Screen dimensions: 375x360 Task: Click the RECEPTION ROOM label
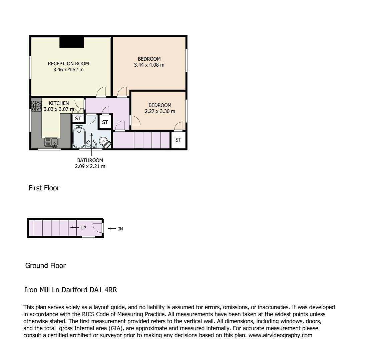point(68,64)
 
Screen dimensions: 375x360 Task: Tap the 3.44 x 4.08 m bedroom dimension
point(149,65)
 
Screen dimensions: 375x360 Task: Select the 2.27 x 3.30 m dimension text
point(160,111)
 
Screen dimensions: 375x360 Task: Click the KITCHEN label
point(59,103)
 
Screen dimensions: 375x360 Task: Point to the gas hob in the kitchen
point(36,106)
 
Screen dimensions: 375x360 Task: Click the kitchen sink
point(51,142)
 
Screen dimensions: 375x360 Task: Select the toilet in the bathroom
point(104,142)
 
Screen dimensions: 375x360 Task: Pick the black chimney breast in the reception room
point(72,42)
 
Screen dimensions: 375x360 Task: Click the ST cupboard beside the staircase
point(178,140)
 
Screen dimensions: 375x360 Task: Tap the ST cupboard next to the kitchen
point(78,118)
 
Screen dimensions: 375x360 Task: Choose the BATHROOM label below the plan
point(90,160)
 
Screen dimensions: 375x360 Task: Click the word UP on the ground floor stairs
point(83,228)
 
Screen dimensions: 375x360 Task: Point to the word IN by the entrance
point(120,229)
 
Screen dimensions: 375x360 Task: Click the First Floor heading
point(44,188)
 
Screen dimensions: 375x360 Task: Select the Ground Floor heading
point(45,266)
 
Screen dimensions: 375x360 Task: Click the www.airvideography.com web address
point(280,335)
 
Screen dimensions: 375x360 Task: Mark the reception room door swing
point(101,91)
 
